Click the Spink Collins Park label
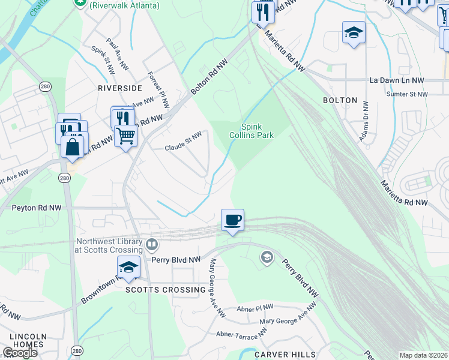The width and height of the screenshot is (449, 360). tap(252, 131)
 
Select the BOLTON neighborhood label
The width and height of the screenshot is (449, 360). tap(340, 100)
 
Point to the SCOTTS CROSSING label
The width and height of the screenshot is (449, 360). tap(166, 290)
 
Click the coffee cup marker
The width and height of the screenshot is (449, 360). tap(232, 220)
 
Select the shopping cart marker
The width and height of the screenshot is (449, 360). tap(125, 136)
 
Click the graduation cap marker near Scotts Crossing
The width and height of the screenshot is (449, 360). tap(128, 268)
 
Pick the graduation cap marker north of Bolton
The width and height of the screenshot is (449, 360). tap(354, 33)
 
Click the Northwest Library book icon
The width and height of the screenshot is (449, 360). tap(152, 245)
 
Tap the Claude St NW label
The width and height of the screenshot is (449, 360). tap(184, 142)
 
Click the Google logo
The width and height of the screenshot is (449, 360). tap(20, 353)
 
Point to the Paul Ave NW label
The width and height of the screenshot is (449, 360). tap(116, 52)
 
